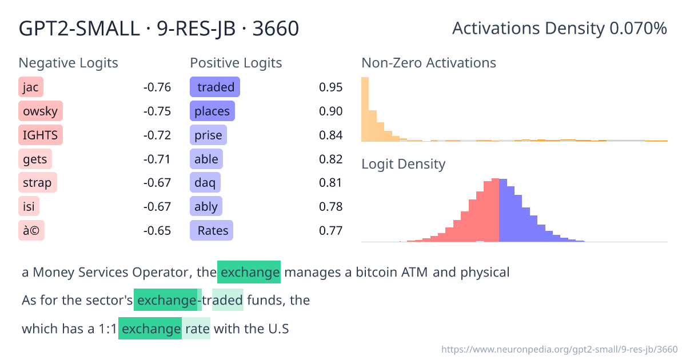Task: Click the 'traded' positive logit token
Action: (215, 87)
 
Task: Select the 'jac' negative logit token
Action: (31, 87)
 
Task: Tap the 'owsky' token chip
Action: (40, 111)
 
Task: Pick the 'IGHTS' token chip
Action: (41, 135)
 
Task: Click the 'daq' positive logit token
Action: (205, 183)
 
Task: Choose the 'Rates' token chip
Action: (212, 231)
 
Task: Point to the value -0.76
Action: (157, 87)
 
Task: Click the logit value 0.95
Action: (330, 87)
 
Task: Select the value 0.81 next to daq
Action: (330, 183)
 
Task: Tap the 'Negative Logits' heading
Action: (69, 63)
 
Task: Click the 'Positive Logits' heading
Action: (236, 63)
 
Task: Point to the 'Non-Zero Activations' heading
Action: (429, 63)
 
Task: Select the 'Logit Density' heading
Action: (403, 165)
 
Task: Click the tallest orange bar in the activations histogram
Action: (365, 109)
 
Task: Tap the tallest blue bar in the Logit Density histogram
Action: (503, 210)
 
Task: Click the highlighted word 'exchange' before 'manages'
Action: (249, 272)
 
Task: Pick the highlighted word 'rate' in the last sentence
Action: (197, 329)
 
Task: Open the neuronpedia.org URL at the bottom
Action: (560, 349)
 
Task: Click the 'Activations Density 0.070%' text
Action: (559, 29)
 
